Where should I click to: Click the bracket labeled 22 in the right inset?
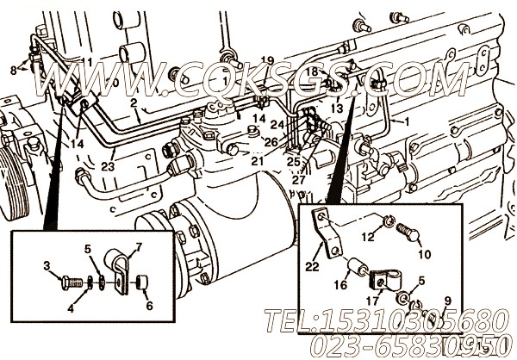point(326,234)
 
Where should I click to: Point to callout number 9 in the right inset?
point(447,301)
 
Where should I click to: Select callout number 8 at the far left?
point(12,69)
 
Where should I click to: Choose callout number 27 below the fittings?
point(299,180)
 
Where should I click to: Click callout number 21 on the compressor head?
point(257,159)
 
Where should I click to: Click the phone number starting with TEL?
point(380,321)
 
